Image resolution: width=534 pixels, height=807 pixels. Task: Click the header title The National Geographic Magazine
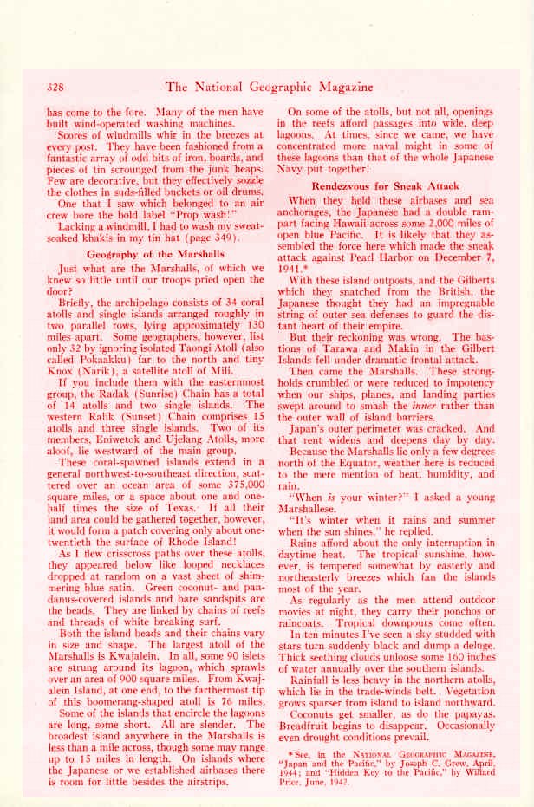[269, 87]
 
